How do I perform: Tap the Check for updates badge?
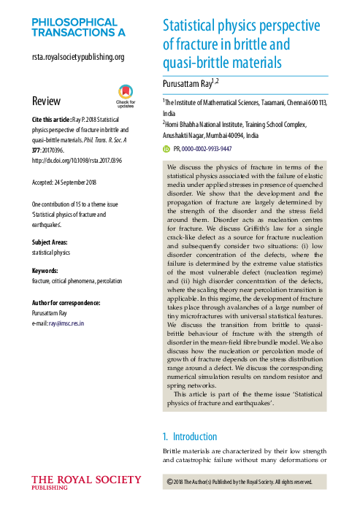tap(126, 96)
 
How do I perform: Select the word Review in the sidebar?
tap(46, 101)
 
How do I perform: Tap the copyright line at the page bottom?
tap(240, 482)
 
